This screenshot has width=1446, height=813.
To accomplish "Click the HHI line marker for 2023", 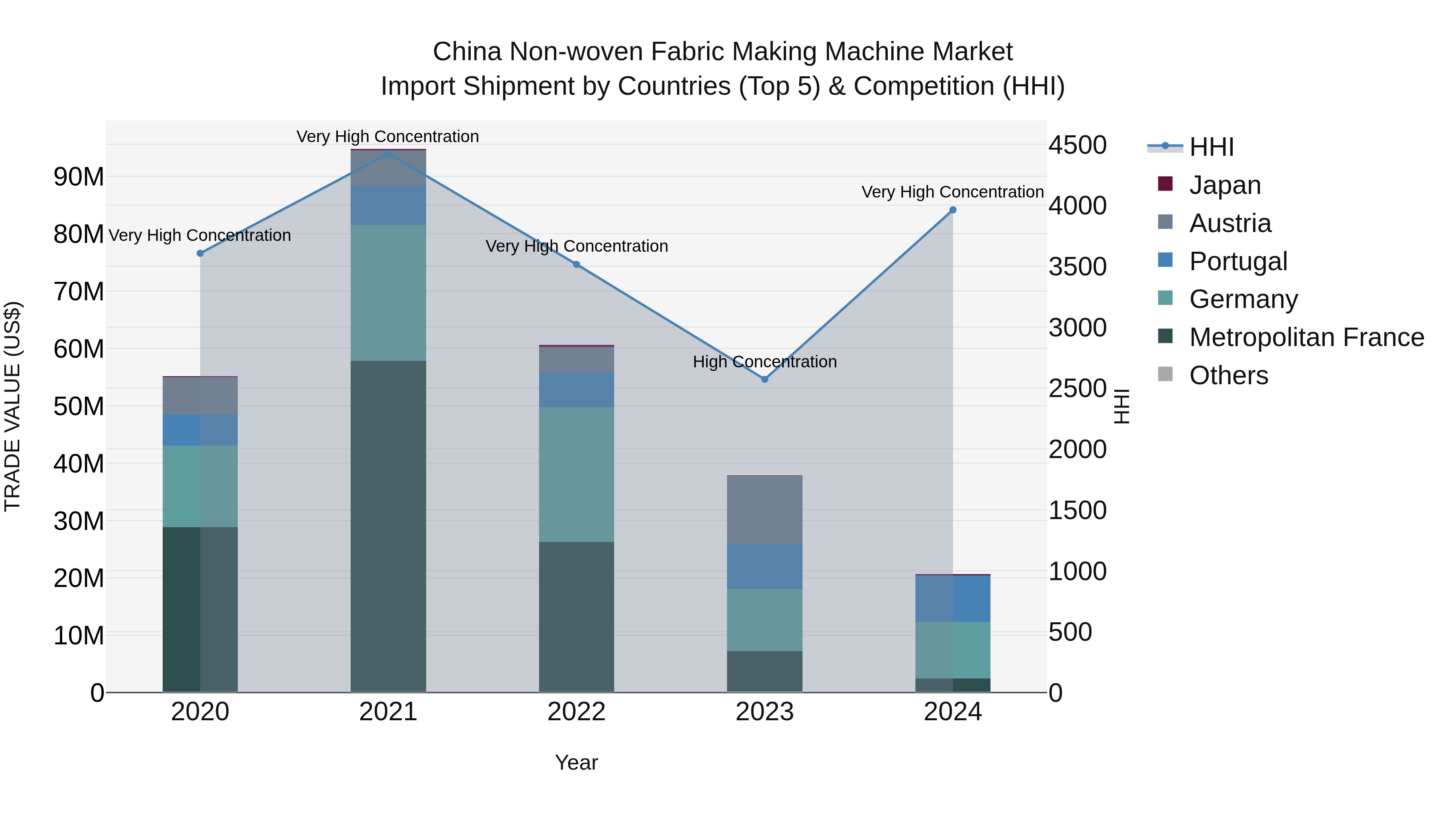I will pyautogui.click(x=764, y=379).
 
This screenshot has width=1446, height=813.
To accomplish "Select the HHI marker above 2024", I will pyautogui.click(x=953, y=210).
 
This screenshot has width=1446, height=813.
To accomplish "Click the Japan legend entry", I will pyautogui.click(x=1224, y=185).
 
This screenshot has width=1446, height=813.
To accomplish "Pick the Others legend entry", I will pyautogui.click(x=1228, y=375).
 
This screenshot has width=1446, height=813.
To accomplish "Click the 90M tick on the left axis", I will pyautogui.click(x=79, y=177).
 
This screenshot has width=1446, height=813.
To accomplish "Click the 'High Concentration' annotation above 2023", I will pyautogui.click(x=764, y=362).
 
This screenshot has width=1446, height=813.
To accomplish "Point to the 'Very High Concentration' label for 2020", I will pyautogui.click(x=200, y=235).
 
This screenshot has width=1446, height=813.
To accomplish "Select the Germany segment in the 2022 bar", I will pyautogui.click(x=576, y=474).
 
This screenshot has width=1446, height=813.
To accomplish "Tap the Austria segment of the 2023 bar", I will pyautogui.click(x=764, y=510).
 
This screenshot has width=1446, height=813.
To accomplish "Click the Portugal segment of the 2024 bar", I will pyautogui.click(x=953, y=599).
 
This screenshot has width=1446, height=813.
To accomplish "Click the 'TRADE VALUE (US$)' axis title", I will pyautogui.click(x=12, y=406).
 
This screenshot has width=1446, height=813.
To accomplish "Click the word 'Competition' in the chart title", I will pyautogui.click(x=924, y=86).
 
